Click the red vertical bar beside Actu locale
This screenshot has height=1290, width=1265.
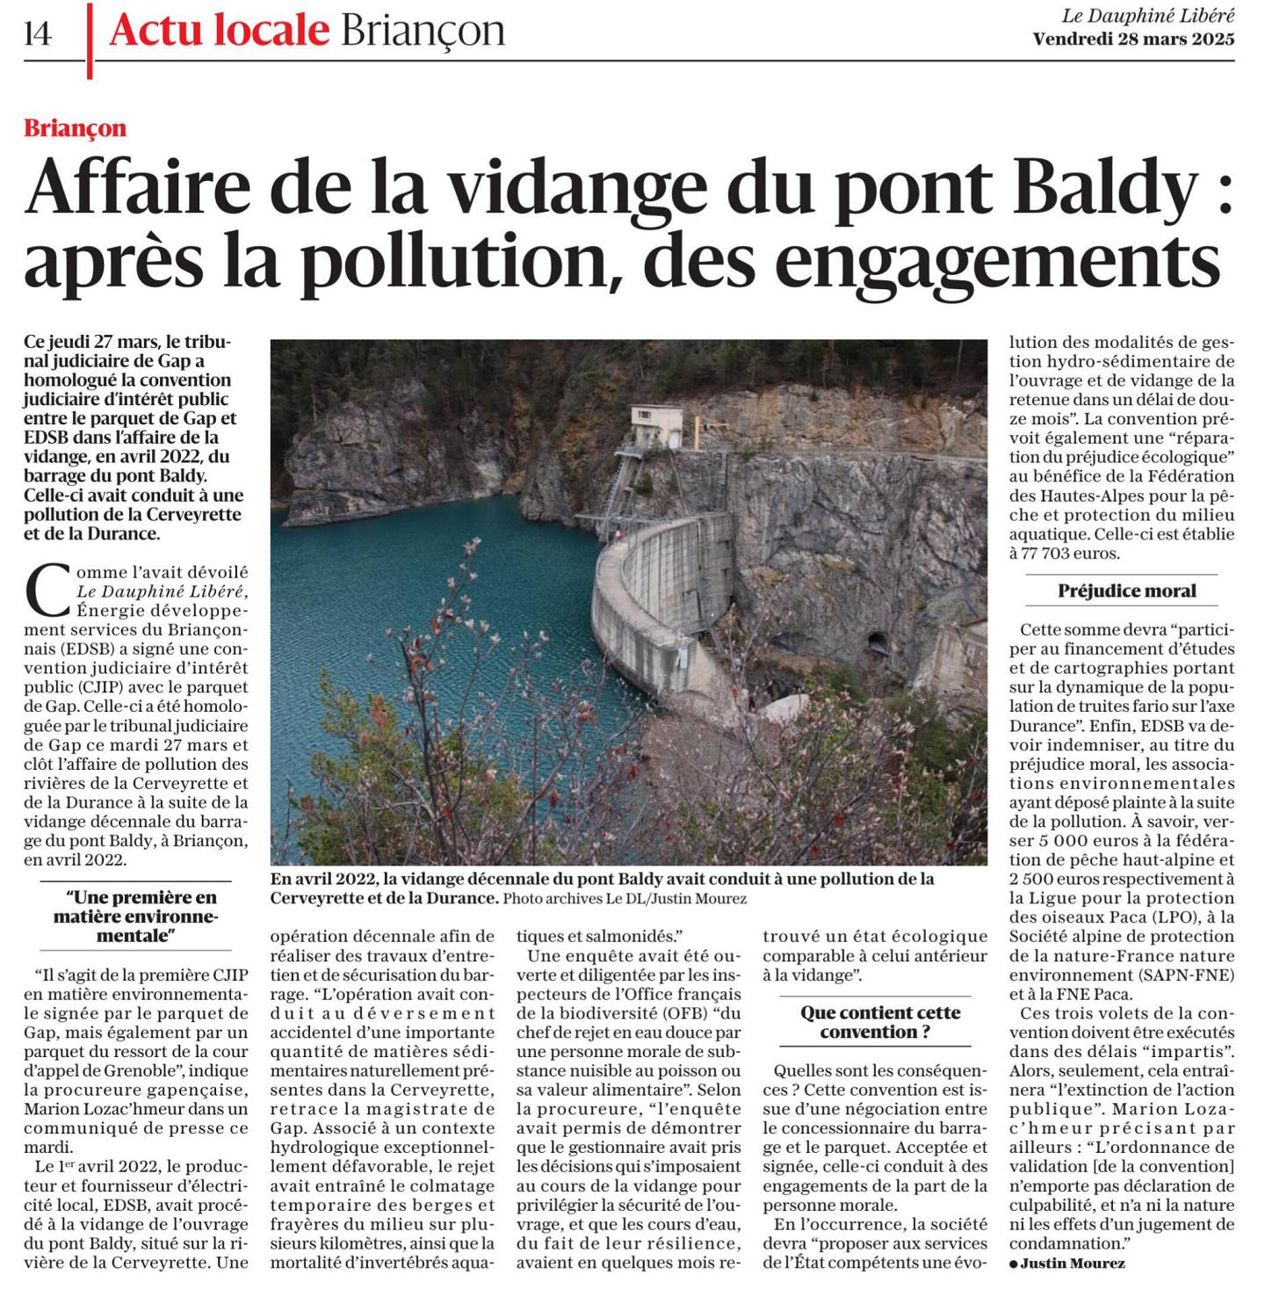[90, 40]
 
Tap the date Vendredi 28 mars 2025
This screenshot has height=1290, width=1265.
[1133, 39]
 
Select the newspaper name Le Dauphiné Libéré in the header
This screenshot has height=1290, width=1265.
[1147, 15]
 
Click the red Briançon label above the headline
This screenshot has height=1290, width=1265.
[76, 128]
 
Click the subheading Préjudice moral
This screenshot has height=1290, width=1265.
[1126, 591]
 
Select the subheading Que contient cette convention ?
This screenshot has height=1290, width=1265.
[880, 1022]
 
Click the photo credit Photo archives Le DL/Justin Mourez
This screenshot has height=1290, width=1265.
[625, 899]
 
